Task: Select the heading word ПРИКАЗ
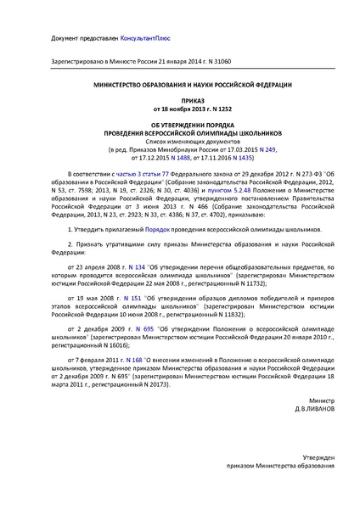[x=180, y=98]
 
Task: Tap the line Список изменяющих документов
[x=180, y=139]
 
